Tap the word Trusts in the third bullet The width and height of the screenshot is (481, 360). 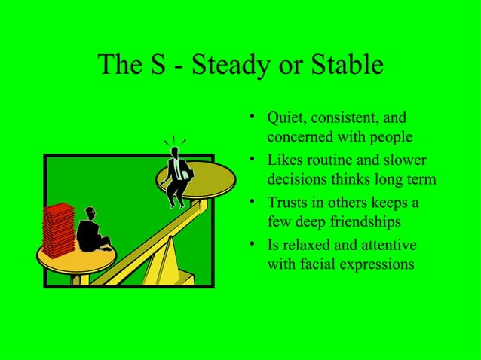point(288,204)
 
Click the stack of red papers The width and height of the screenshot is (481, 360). point(58,228)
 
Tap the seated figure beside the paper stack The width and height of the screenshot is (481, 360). point(93,231)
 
